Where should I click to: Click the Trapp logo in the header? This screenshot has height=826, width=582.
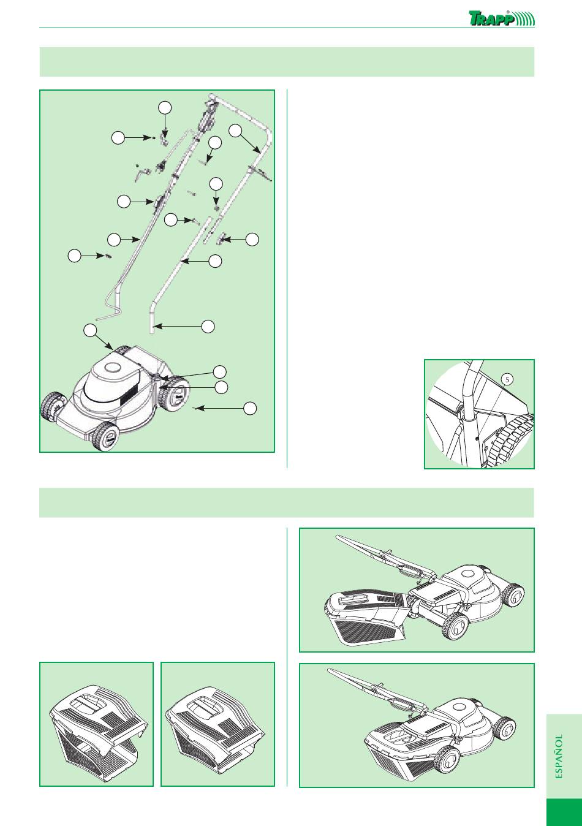[502, 18]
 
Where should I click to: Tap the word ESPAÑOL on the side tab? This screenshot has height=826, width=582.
[559, 756]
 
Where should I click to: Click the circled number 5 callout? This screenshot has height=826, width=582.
[507, 379]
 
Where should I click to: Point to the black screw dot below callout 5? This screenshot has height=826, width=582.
[477, 439]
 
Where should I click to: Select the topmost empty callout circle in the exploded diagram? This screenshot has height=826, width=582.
[165, 107]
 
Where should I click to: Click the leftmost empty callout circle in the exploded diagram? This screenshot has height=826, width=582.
[75, 256]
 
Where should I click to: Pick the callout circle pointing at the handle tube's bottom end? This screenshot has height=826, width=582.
[208, 327]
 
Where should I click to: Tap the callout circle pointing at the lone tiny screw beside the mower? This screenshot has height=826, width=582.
[250, 409]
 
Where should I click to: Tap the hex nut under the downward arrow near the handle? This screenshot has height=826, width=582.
[216, 209]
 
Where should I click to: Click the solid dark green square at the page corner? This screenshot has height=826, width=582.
[564, 812]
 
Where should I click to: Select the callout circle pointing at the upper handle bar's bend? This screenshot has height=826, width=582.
[235, 131]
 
